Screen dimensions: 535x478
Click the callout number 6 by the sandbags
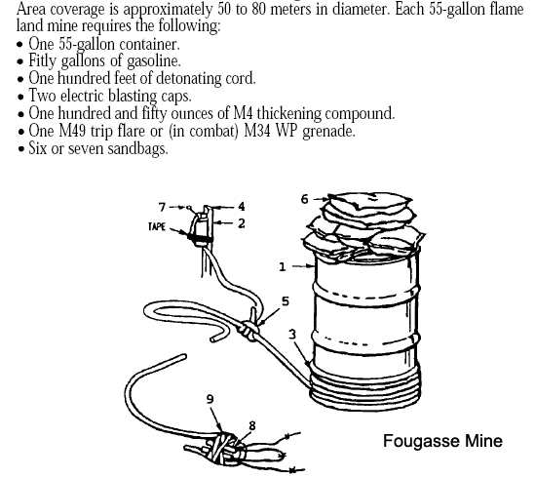[305, 199]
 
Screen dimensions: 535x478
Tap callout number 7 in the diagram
[162, 207]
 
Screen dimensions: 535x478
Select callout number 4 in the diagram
[242, 207]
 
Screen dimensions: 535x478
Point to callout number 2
[242, 223]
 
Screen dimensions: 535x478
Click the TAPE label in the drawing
[157, 226]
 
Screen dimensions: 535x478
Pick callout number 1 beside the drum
[283, 266]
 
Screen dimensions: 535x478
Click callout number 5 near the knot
[286, 301]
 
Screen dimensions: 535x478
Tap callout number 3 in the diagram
[292, 335]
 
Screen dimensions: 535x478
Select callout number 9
[210, 399]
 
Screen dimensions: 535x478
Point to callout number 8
[252, 425]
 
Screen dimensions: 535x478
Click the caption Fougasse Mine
[442, 441]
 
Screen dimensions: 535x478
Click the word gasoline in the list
[154, 61]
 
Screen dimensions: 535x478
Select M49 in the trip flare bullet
[72, 131]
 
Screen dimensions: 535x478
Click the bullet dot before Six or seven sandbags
[21, 149]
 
